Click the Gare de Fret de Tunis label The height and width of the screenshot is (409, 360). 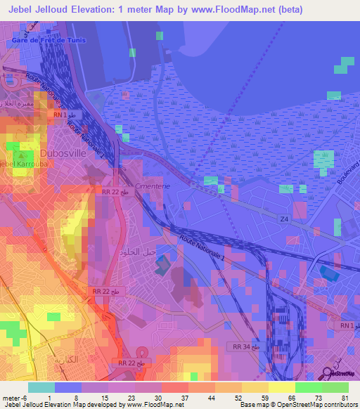[49, 40]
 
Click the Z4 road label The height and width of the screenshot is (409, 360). [284, 221]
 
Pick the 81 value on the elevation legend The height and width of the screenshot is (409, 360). [345, 397]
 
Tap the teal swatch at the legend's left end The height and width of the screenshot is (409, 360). [41, 387]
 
